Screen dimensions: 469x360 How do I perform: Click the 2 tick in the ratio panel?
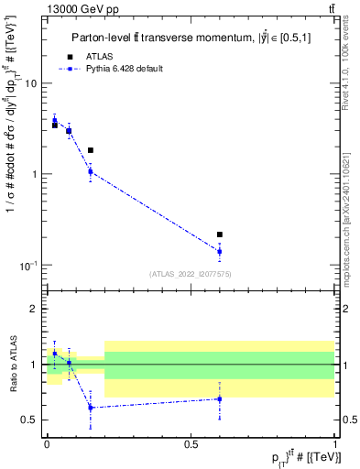tap(35, 309)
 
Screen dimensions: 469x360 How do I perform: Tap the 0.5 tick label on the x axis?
tap(191, 443)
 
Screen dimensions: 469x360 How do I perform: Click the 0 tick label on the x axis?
tap(47, 443)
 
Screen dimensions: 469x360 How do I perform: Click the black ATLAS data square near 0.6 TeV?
tap(220, 234)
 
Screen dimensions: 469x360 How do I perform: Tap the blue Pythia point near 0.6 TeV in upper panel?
tap(220, 251)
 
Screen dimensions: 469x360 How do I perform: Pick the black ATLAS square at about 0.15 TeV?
tap(90, 150)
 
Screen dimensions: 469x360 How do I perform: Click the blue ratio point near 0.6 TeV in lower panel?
tap(220, 398)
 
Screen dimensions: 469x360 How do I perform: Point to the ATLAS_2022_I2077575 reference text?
tap(191, 274)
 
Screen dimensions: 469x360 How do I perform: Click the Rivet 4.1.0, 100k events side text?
tap(350, 73)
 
